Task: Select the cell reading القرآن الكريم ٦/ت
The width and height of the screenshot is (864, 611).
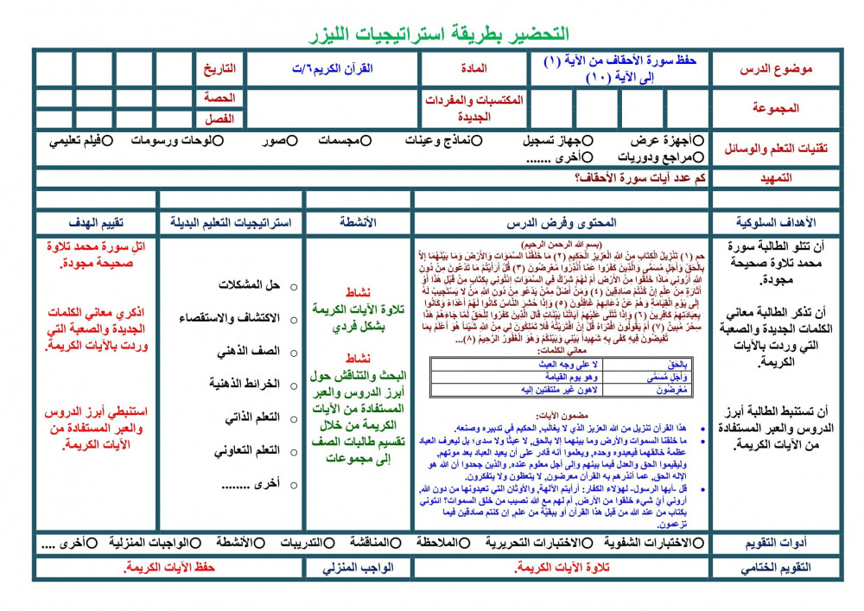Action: tap(334, 68)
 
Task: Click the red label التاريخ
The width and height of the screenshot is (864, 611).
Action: tap(219, 68)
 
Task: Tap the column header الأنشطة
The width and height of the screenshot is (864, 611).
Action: tap(359, 222)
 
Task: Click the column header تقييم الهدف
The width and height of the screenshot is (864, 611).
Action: tap(96, 222)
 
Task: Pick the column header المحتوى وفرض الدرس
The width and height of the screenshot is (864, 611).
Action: tap(562, 222)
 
